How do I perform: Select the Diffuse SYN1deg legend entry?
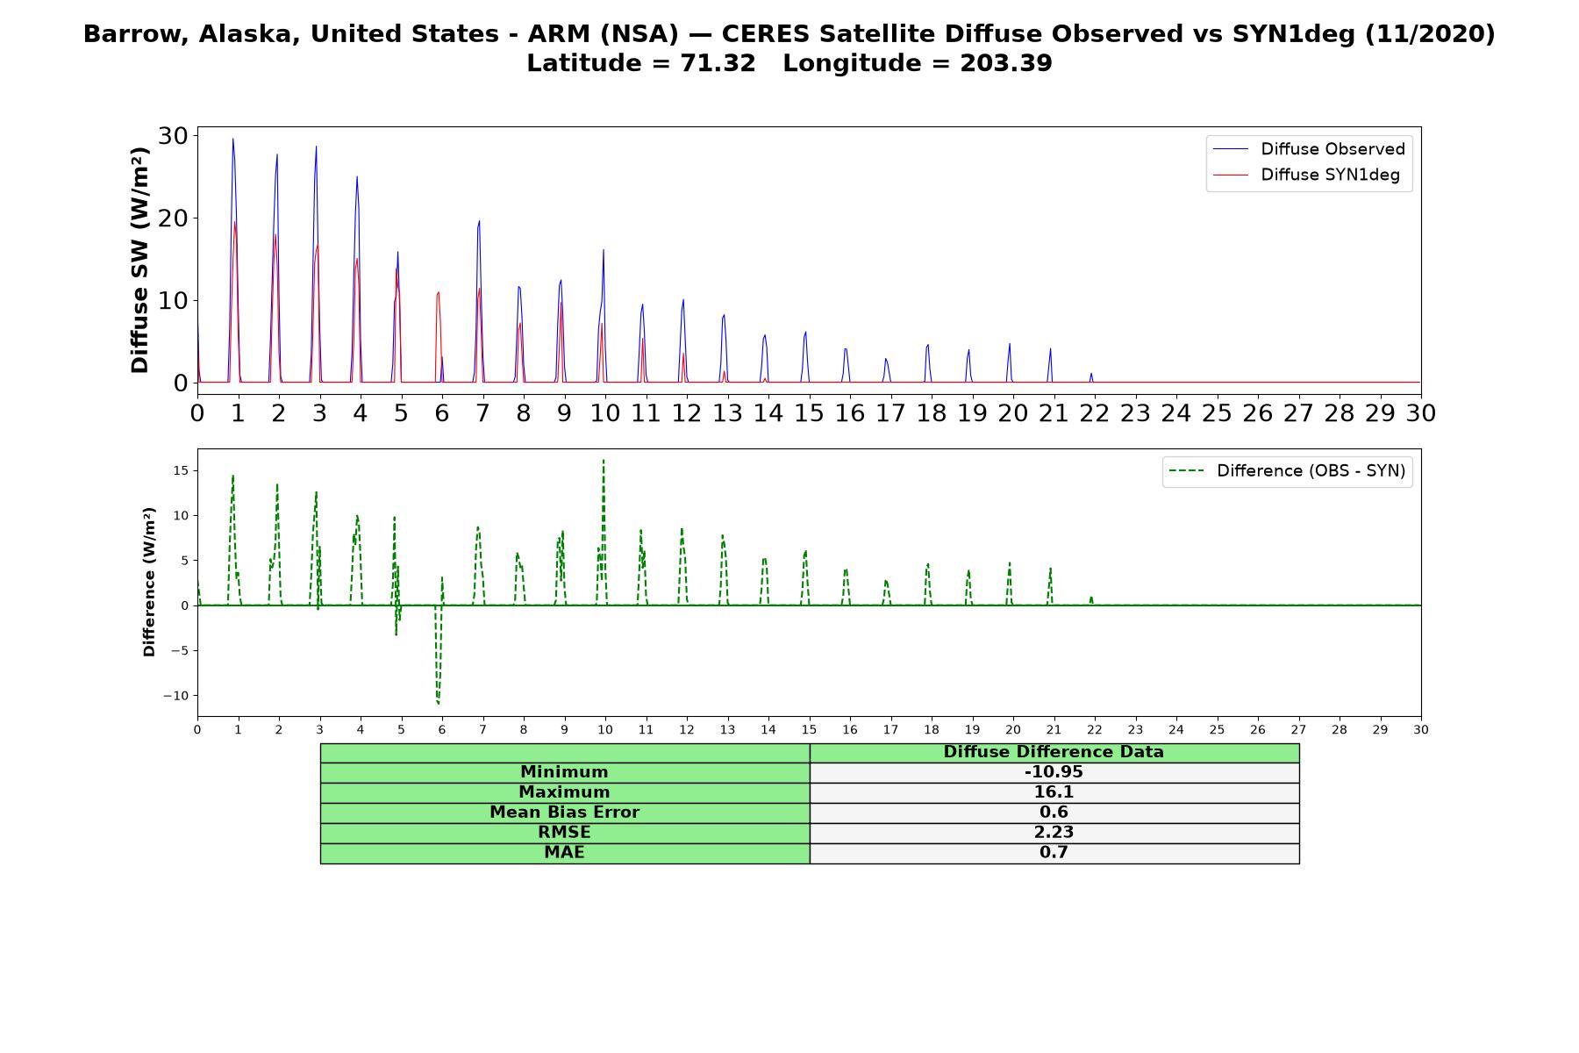(1306, 175)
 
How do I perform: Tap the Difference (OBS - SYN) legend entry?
(1287, 471)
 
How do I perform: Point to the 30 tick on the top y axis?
(173, 135)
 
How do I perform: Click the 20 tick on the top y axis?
(173, 218)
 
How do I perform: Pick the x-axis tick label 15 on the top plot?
(809, 412)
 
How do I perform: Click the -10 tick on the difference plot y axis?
(175, 696)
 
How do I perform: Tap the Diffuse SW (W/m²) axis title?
(140, 260)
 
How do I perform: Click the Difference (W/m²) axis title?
(149, 582)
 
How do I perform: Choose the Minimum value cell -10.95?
(1054, 772)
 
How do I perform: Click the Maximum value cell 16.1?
(1054, 792)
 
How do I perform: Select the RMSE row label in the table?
(564, 833)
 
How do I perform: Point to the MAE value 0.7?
(1054, 853)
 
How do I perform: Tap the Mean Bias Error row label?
(564, 813)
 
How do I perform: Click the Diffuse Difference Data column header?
(1054, 752)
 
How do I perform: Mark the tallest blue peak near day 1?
(232, 139)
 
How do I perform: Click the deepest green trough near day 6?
(438, 703)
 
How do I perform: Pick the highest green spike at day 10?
(604, 461)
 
